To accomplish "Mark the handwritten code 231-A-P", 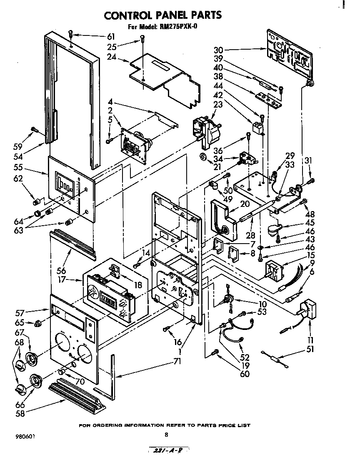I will click(x=168, y=450).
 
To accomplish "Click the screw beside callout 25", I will click(x=142, y=39).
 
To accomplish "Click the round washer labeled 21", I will click(x=203, y=157).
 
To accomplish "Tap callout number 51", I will click(x=310, y=349).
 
